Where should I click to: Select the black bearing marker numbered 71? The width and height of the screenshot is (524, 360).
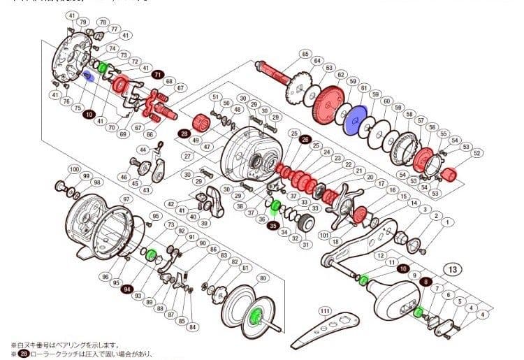[x=158, y=75]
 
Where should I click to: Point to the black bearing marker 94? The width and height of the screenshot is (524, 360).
[x=127, y=288]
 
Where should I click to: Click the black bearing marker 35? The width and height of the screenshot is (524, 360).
[x=274, y=226]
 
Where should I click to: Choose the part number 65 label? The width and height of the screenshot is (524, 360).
[x=305, y=54]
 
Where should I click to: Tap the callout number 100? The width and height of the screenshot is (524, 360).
[x=73, y=170]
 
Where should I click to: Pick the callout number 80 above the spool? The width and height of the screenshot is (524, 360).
[x=263, y=278]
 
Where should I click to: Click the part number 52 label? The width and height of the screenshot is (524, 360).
[x=478, y=152]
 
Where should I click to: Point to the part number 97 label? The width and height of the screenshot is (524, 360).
[x=126, y=200]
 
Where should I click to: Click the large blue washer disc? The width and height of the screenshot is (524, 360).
[x=358, y=120]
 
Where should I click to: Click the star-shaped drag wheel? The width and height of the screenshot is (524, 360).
[x=347, y=202]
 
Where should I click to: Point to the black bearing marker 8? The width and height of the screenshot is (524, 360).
[x=427, y=281]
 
